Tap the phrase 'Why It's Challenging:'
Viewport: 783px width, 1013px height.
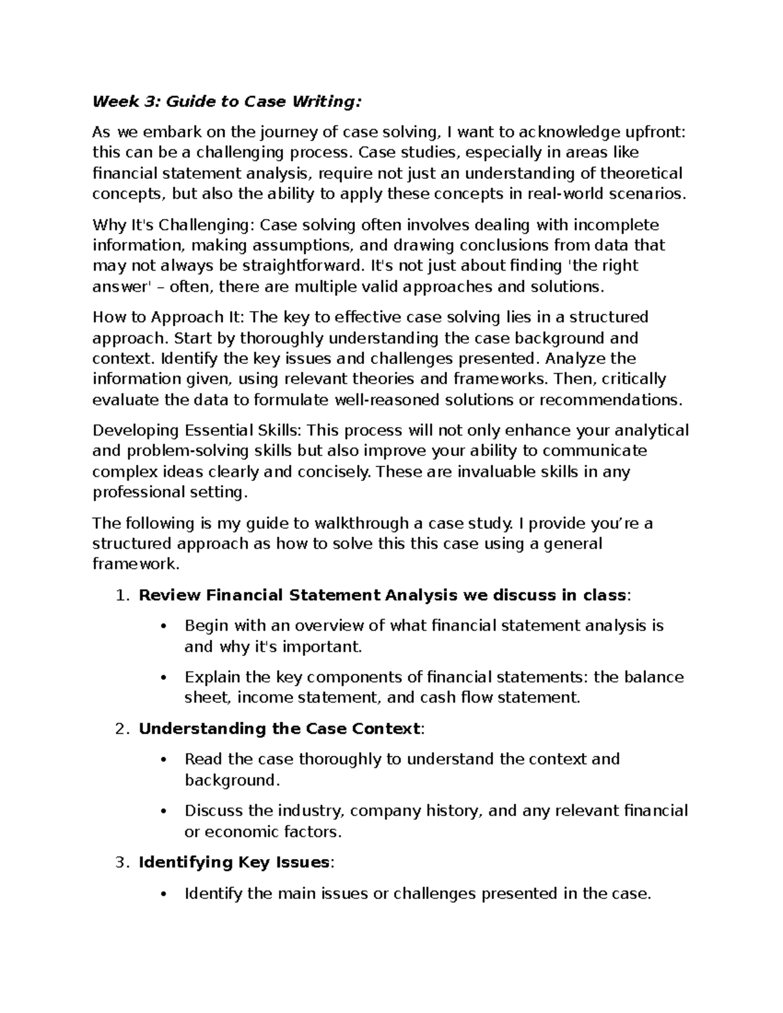point(174,225)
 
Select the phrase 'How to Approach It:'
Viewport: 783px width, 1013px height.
point(168,317)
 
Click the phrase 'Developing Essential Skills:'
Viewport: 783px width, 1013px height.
point(198,431)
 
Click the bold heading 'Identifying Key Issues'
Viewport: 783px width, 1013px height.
point(234,862)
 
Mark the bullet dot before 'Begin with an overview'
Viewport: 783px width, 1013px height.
point(164,627)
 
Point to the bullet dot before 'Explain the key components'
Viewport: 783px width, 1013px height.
point(164,678)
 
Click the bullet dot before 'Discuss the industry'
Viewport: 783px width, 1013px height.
point(164,812)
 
